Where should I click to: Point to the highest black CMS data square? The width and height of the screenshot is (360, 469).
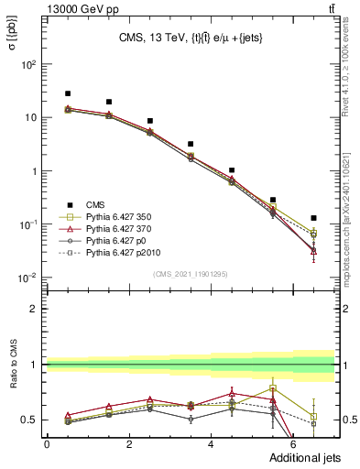68,93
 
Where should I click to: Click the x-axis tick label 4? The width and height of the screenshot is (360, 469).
212,444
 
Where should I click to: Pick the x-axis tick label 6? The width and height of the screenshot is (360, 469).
294,444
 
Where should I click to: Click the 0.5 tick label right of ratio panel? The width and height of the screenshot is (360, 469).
346,420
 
